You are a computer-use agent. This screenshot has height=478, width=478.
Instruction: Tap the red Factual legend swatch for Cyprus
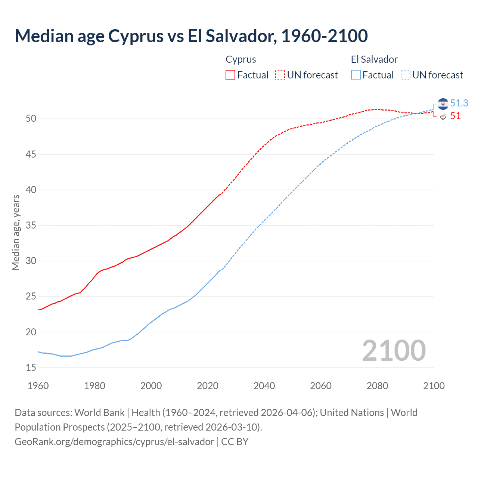point(230,75)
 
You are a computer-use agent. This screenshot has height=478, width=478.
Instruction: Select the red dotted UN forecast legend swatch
point(280,75)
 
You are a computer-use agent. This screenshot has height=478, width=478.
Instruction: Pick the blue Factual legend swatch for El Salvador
point(356,75)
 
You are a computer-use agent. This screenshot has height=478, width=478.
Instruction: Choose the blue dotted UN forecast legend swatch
point(405,75)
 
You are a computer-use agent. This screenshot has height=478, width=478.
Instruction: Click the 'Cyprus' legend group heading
point(241,59)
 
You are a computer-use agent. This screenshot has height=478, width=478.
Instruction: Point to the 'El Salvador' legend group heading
point(374,59)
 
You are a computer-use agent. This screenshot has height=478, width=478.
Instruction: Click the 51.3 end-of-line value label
point(459,103)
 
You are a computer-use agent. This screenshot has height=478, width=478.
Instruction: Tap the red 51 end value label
point(455,116)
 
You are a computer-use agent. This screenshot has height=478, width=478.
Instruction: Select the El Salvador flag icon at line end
point(443,104)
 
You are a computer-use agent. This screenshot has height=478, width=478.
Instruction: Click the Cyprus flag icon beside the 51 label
point(443,117)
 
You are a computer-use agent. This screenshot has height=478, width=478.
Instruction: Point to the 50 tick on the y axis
point(31,119)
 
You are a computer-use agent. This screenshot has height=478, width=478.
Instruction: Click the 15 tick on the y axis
point(31,368)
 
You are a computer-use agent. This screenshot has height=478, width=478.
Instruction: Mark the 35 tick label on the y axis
point(31,226)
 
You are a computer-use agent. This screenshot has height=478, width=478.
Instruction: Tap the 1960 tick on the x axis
point(38,386)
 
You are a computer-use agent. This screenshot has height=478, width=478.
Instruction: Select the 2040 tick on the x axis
point(264,386)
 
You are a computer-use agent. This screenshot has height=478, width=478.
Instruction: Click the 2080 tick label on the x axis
point(377,386)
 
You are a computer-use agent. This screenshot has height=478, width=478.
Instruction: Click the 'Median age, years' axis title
point(16,232)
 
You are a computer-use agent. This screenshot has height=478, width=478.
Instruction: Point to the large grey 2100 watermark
point(394,351)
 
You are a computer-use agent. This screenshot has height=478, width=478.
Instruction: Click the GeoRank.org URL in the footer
point(114,442)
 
